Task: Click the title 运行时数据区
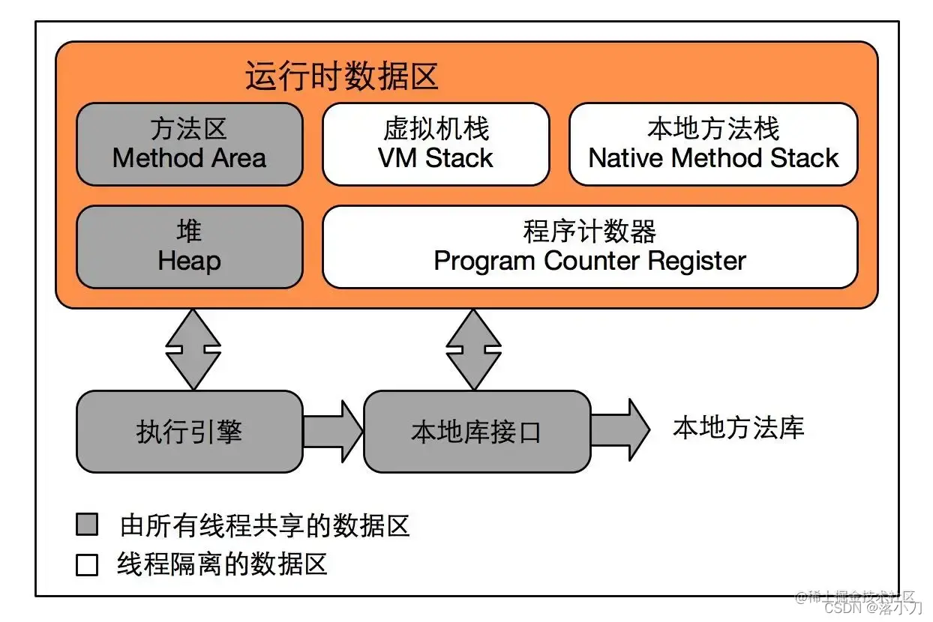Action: (341, 76)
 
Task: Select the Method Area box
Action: (189, 144)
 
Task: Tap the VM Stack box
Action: (436, 144)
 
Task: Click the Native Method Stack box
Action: (713, 144)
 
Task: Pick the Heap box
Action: (189, 247)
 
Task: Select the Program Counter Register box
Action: (589, 247)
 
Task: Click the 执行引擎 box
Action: (189, 432)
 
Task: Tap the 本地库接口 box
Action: (476, 432)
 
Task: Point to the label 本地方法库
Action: (738, 428)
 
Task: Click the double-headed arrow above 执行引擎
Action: (193, 349)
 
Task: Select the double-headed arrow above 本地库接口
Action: (473, 349)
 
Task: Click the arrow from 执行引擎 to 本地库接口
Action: (333, 432)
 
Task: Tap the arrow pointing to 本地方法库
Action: (619, 430)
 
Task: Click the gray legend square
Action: (87, 525)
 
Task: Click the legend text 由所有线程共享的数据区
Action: (265, 525)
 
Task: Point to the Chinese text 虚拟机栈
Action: (436, 129)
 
